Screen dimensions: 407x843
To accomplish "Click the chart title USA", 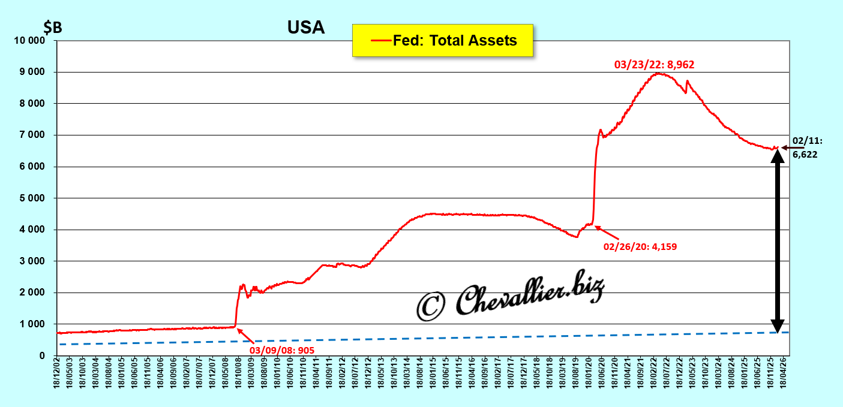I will pyautogui.click(x=306, y=28).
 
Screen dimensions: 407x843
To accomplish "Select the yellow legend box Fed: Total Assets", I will pyautogui.click(x=442, y=41).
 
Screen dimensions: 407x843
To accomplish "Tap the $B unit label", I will pyautogui.click(x=52, y=28).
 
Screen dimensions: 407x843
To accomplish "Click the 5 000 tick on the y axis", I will pyautogui.click(x=32, y=198).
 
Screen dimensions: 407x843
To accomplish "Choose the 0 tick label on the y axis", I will pyautogui.click(x=42, y=356).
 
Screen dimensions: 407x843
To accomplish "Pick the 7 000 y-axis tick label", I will pyautogui.click(x=32, y=135).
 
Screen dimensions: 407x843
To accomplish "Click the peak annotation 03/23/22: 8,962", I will pyautogui.click(x=654, y=65).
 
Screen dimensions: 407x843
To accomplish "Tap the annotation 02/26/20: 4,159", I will pyautogui.click(x=640, y=246).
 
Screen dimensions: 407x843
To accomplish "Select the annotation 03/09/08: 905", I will pyautogui.click(x=282, y=349).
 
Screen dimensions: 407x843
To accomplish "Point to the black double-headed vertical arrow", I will pyautogui.click(x=777, y=240).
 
